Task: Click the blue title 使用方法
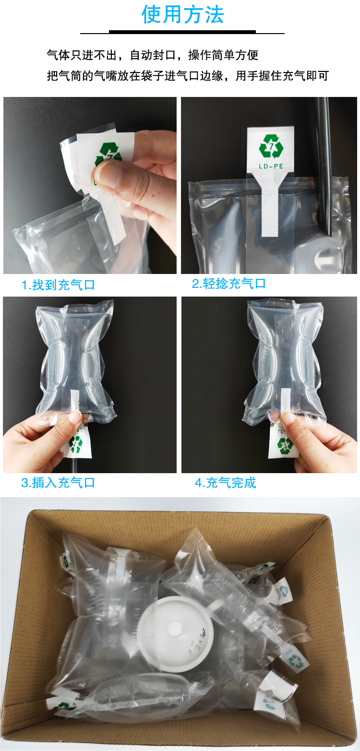point(182,14)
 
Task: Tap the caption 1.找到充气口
point(58,285)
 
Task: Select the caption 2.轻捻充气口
point(229,284)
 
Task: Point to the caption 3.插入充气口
point(58,483)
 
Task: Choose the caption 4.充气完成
point(226,483)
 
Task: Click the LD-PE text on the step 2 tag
point(271,166)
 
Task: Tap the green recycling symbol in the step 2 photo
point(271,146)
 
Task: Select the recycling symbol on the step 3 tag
point(75,444)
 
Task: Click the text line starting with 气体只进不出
point(153,55)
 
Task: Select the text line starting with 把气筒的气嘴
point(188,76)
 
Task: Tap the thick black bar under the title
point(182,32)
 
